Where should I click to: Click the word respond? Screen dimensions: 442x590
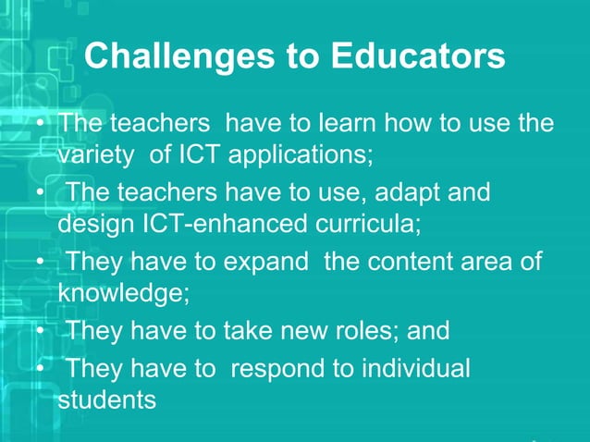point(285,369)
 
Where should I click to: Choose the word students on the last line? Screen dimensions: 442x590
point(107,401)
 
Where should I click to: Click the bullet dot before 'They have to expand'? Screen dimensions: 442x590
point(40,263)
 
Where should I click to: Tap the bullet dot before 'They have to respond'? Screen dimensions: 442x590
point(40,369)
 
